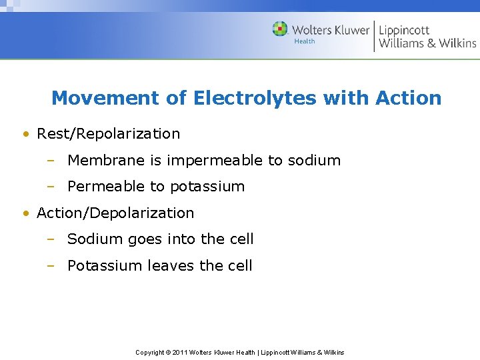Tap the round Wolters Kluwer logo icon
(280, 29)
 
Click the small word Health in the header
(305, 41)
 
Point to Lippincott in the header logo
(404, 29)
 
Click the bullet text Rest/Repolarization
(108, 133)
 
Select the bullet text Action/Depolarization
(115, 213)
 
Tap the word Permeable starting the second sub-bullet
(100, 187)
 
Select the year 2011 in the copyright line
(180, 352)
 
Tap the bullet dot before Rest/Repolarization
(25, 134)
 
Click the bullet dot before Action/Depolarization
(25, 213)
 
